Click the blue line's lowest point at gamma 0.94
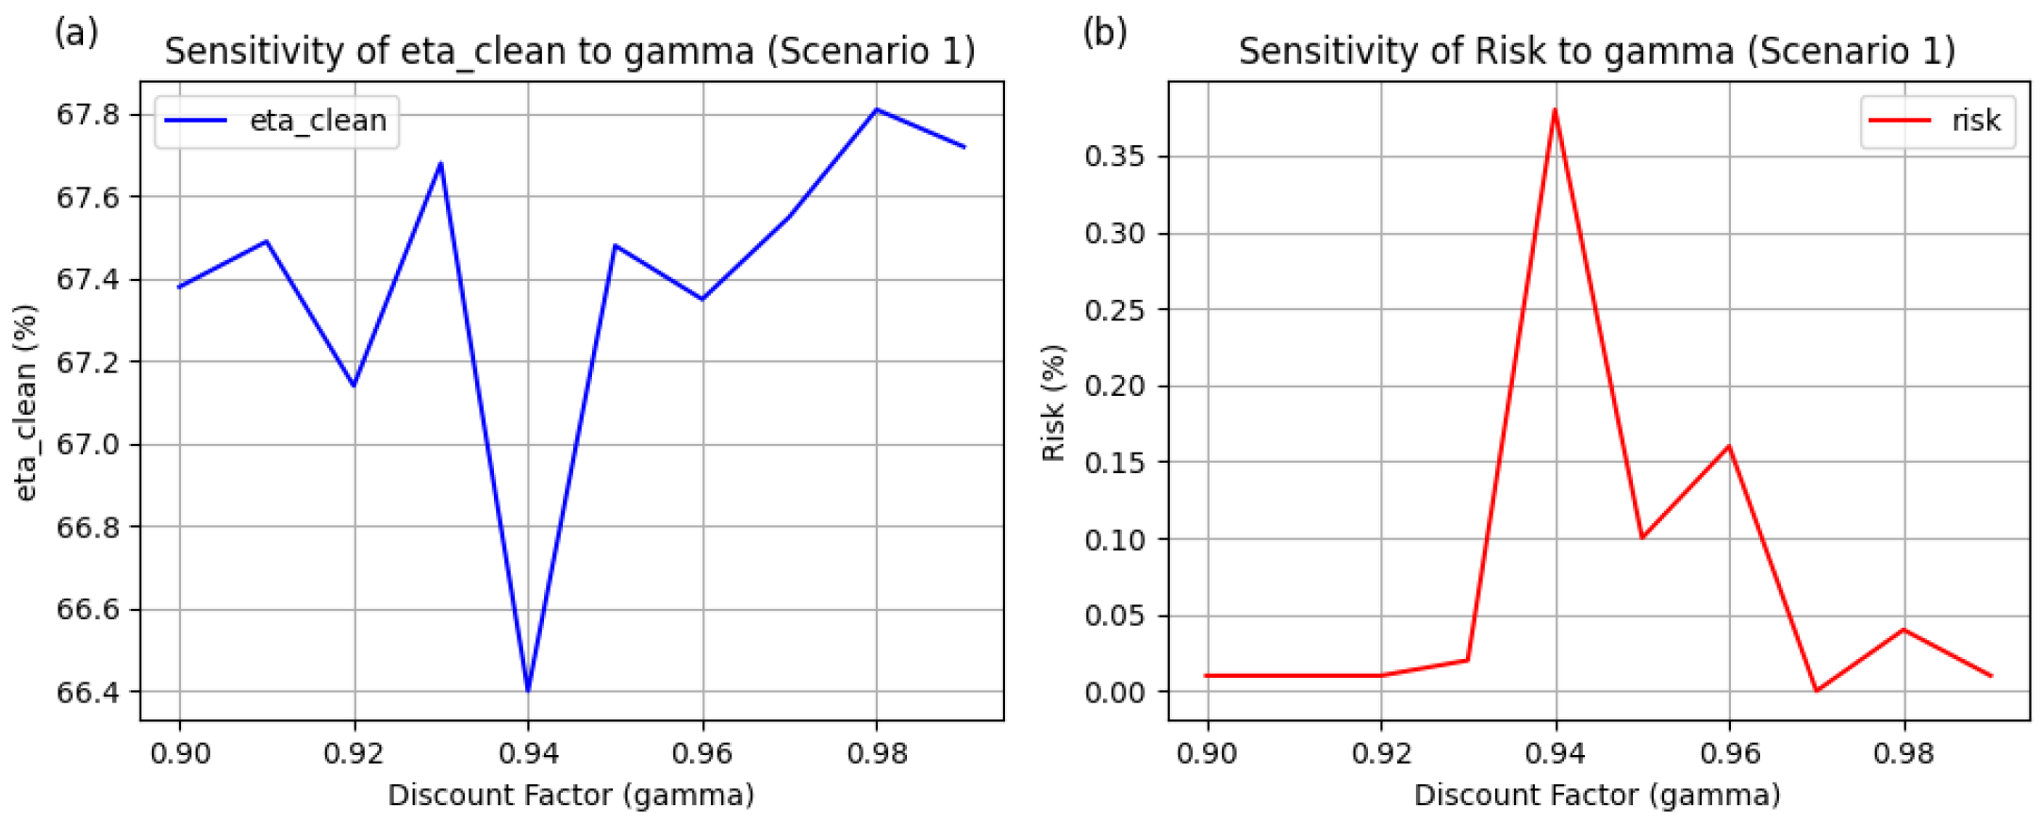[x=528, y=690]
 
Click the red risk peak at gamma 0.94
[x=1555, y=110]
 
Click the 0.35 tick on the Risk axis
[x=1114, y=156]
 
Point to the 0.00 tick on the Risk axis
[x=1114, y=692]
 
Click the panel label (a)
[x=75, y=33]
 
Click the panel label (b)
[x=1104, y=33]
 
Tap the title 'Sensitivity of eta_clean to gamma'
[x=569, y=51]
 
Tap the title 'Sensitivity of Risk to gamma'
[x=1596, y=51]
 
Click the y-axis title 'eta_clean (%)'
[x=26, y=403]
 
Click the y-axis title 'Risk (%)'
[x=1053, y=403]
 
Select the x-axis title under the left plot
[x=570, y=795]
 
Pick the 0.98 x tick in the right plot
[x=1903, y=753]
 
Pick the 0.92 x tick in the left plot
[x=354, y=753]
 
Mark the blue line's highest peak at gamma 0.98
[x=877, y=109]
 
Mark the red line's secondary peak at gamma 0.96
[x=1729, y=446]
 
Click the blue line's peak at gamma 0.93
[x=440, y=164]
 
